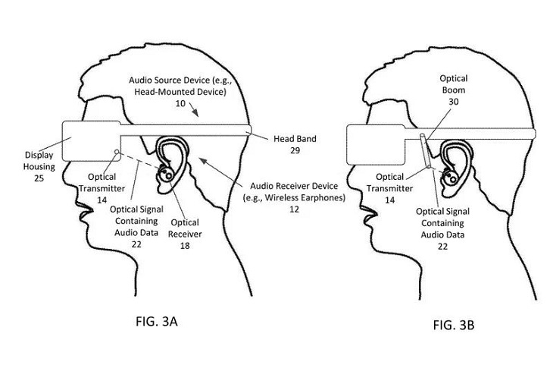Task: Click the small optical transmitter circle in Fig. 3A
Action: point(115,152)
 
